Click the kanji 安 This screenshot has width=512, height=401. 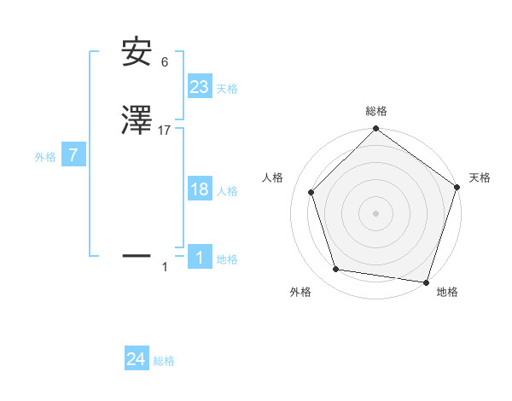pos(137,54)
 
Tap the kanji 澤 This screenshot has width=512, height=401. pos(137,122)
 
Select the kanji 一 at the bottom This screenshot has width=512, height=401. pos(137,255)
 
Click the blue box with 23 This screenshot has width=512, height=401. pos(200,86)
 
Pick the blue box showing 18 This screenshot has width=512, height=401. pos(200,189)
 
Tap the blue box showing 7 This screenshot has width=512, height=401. pos(73,155)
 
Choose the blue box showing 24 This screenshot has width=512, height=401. pos(137,359)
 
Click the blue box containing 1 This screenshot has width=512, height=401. pos(200,257)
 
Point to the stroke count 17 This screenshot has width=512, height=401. pos(165,131)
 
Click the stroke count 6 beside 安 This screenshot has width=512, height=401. pos(165,62)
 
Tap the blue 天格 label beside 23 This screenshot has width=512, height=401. pos(227,89)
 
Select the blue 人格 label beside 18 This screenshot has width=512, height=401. pos(227,191)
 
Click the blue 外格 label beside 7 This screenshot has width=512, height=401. pos(45,157)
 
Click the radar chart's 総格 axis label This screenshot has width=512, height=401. pos(376,111)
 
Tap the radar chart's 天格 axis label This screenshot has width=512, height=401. pos(480,177)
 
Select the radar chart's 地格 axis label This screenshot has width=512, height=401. pos(447,292)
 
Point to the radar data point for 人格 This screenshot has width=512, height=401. pos(311,192)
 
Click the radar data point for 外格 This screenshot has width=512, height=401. pos(336,270)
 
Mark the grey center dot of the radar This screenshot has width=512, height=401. pos(375,212)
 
